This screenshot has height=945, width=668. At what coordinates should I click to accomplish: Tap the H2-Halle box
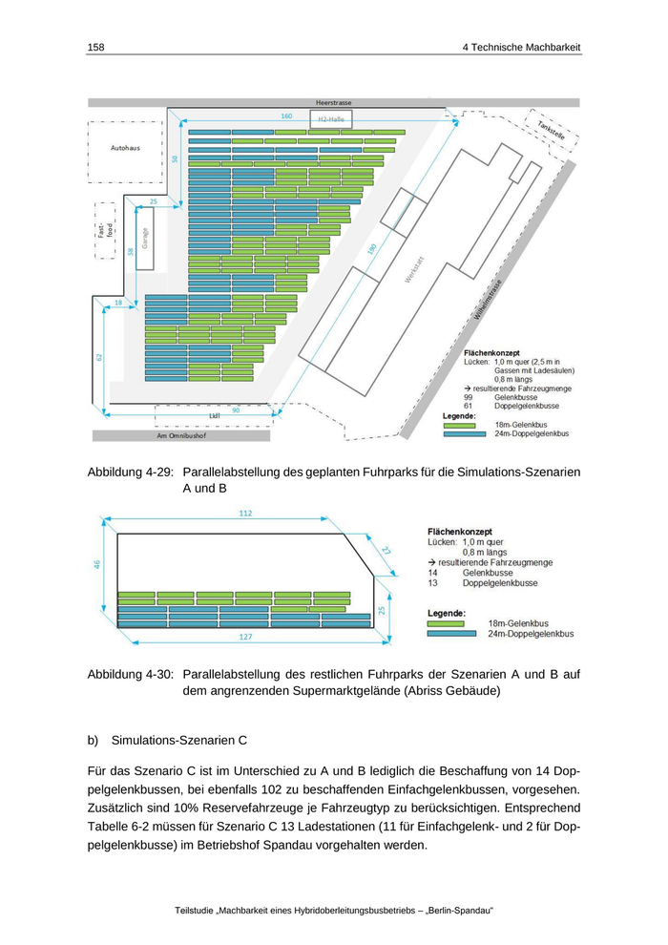click(331, 119)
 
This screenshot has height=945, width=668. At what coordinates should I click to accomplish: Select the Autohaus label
click(125, 148)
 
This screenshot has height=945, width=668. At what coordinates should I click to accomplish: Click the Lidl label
click(214, 416)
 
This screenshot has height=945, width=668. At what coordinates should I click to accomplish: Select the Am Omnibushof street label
click(181, 436)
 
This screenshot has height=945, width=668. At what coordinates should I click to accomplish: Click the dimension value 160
click(286, 115)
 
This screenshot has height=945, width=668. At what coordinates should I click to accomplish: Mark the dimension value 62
click(99, 357)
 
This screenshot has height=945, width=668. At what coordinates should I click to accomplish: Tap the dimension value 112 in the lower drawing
click(245, 514)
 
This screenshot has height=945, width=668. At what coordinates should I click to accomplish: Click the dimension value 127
click(246, 636)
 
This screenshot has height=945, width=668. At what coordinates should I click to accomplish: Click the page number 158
click(95, 47)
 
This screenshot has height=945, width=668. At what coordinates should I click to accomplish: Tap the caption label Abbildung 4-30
click(129, 673)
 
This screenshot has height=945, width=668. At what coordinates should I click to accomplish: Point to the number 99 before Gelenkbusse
click(469, 396)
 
